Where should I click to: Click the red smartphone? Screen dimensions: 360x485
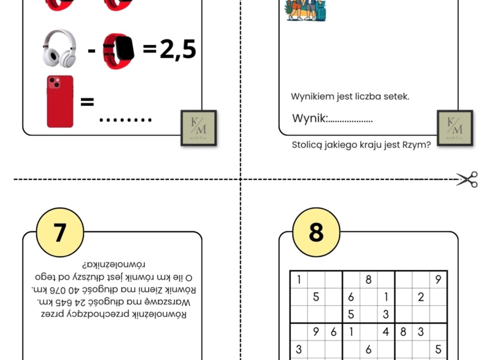(60, 102)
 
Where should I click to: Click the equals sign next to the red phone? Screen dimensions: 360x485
(87, 102)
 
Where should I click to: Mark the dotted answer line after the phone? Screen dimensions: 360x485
(125, 120)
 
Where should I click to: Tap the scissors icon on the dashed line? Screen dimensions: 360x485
(467, 179)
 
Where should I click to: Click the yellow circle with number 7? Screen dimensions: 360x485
(60, 232)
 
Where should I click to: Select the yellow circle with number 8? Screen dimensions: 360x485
(316, 232)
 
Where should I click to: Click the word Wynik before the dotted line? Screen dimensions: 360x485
(309, 118)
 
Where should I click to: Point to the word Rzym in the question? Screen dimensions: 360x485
(406, 145)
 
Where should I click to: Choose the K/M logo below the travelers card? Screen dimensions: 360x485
(455, 127)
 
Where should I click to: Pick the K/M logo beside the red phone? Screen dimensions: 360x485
(198, 127)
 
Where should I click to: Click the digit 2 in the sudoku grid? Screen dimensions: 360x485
(421, 298)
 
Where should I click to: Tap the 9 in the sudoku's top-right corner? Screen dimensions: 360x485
(438, 280)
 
